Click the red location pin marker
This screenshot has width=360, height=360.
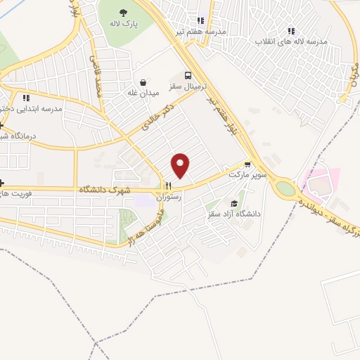181,165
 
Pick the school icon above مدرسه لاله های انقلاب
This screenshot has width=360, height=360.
291,31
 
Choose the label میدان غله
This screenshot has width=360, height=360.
142,92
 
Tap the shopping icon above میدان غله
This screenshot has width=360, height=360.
143,82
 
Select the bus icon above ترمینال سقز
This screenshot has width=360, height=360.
187,75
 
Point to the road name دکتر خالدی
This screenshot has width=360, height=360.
157,119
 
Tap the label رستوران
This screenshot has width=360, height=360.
171,198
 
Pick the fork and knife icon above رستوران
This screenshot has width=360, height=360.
168,187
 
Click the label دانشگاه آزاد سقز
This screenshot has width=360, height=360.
233,214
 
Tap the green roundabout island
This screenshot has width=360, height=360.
285,188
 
